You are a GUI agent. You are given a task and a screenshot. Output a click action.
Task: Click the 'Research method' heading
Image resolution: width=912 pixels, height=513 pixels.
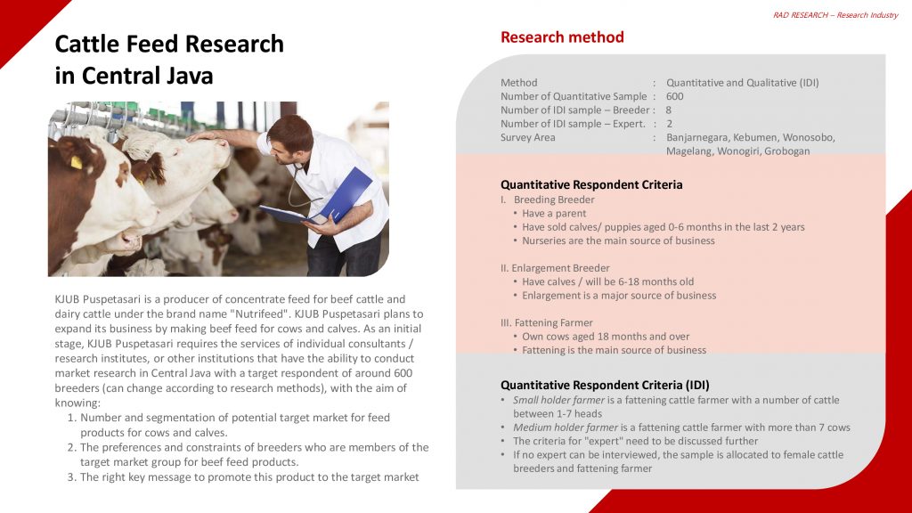[x=562, y=37]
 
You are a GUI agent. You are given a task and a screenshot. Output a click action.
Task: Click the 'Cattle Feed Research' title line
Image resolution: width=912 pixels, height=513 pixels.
[x=169, y=44]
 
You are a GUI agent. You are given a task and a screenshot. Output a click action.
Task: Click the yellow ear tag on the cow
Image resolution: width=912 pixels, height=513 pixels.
[x=77, y=162]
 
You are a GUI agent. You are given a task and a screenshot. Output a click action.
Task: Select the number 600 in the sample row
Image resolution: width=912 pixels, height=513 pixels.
[x=675, y=96]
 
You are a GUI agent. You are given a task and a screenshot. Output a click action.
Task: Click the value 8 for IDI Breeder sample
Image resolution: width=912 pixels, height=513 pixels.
[x=669, y=110]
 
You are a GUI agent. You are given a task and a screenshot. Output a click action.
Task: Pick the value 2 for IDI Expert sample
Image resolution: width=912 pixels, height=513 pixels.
[x=670, y=124]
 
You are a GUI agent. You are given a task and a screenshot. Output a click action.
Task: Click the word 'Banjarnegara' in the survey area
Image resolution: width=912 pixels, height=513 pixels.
[x=696, y=138]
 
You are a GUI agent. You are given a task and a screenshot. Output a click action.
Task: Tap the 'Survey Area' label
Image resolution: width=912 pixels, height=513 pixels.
[x=527, y=138]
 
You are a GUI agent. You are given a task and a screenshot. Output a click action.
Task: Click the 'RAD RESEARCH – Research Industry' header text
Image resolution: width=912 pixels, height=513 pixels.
[x=835, y=15]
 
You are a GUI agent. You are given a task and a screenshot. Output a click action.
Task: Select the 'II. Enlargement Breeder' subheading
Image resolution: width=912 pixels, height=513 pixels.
[x=555, y=268]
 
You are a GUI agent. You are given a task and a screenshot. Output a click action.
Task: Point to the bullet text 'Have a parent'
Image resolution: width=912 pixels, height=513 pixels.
[x=554, y=214]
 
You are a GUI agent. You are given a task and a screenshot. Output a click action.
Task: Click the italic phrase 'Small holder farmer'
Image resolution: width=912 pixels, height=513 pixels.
[x=559, y=400]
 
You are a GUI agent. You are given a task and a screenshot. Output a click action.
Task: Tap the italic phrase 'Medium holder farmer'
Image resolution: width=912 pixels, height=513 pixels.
[x=566, y=427]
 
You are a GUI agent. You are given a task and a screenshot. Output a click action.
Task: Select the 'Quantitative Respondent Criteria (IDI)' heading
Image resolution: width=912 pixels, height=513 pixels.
[x=605, y=385]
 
